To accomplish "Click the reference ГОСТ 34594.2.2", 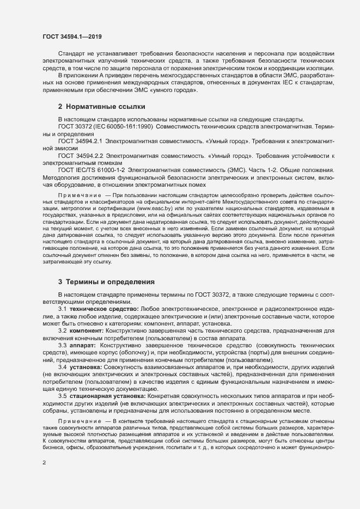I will (x=81, y=156).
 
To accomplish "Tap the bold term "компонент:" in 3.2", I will (x=87, y=330).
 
